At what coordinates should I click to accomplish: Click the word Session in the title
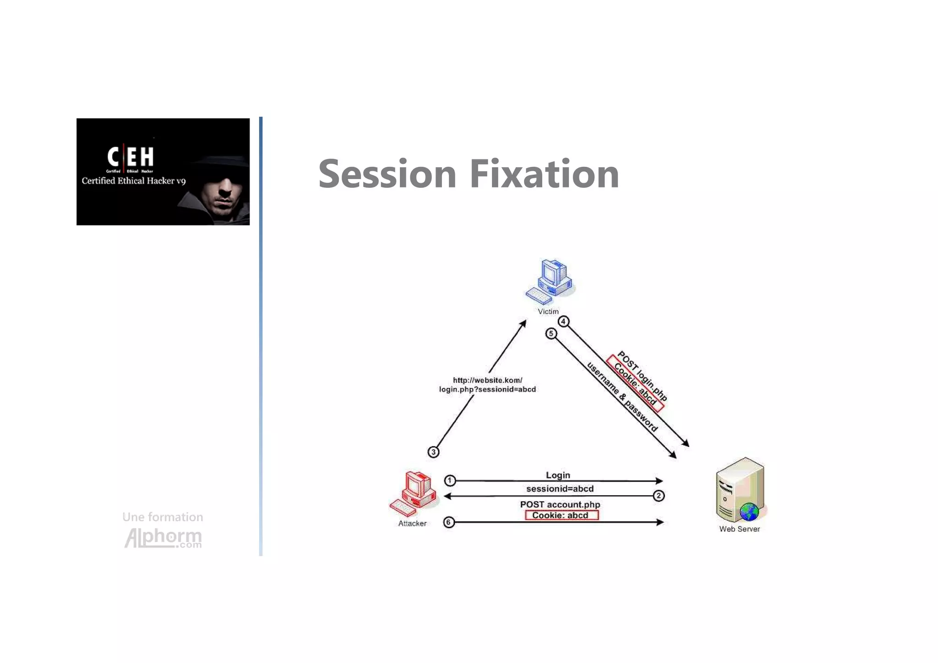pyautogui.click(x=387, y=174)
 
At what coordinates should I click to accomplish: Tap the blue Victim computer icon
pyautogui.click(x=551, y=281)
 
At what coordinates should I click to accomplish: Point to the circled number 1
pyautogui.click(x=450, y=480)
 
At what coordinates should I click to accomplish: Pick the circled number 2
pyautogui.click(x=659, y=495)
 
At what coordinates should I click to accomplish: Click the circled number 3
pyautogui.click(x=433, y=452)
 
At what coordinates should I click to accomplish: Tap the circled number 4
pyautogui.click(x=563, y=322)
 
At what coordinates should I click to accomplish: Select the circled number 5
pyautogui.click(x=551, y=334)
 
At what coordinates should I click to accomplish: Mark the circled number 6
pyautogui.click(x=449, y=522)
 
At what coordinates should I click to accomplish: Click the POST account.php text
pyautogui.click(x=560, y=504)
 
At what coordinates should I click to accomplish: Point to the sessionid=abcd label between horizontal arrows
pyautogui.click(x=560, y=488)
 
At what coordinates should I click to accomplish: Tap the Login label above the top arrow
pyautogui.click(x=558, y=475)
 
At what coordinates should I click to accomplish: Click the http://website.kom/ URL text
pyautogui.click(x=487, y=380)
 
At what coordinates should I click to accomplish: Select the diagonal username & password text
pyautogui.click(x=622, y=397)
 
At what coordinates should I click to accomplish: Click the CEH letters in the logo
pyautogui.click(x=131, y=157)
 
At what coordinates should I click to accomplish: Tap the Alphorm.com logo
pyautogui.click(x=163, y=537)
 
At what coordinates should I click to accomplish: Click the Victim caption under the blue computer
pyautogui.click(x=548, y=312)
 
